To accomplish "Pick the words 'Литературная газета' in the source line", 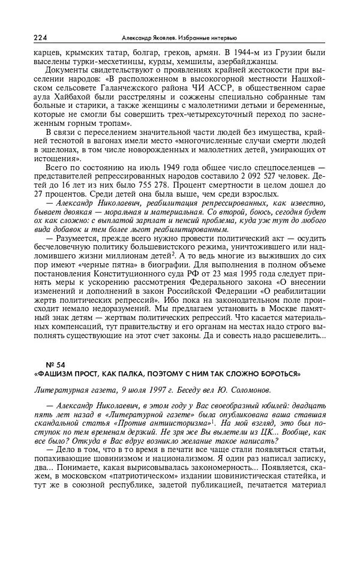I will [71, 390].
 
